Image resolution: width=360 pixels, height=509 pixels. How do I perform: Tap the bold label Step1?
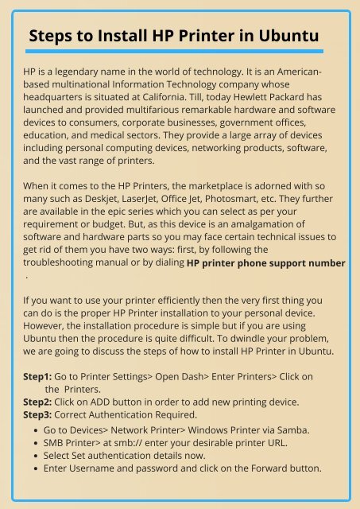tap(37, 375)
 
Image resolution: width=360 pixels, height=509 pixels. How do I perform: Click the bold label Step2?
tap(37, 402)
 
